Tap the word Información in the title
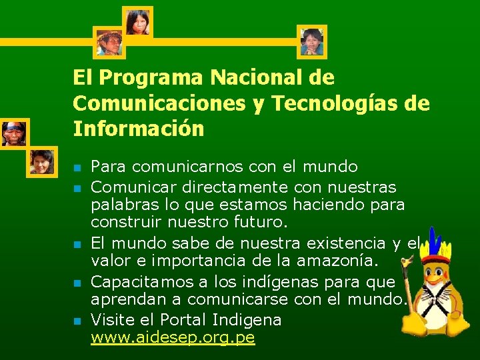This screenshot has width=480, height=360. point(139,128)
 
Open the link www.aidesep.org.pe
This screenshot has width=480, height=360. point(173,337)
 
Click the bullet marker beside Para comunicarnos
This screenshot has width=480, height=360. point(78,167)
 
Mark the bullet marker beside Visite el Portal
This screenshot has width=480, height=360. point(78,321)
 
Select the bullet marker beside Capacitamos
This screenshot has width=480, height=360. point(78,283)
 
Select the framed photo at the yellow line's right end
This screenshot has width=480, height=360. point(311,41)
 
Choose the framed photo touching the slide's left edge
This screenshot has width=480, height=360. point(12,133)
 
